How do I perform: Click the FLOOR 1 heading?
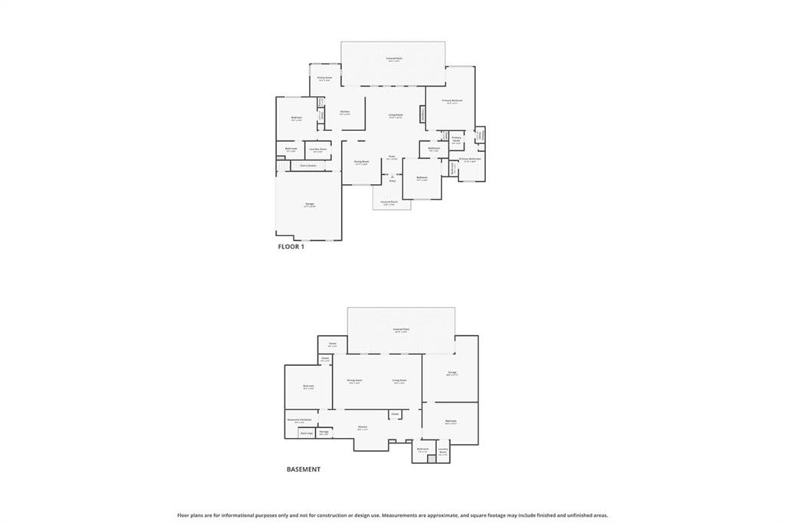(291, 247)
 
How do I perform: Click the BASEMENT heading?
(304, 469)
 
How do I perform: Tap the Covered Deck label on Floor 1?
(393, 59)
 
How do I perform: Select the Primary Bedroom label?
(452, 101)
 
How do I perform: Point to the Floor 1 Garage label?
(309, 205)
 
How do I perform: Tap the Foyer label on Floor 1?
(392, 157)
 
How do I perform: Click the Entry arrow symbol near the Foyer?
(392, 177)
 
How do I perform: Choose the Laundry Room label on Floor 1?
(318, 150)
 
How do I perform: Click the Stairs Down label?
(308, 165)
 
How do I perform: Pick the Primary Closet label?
(456, 140)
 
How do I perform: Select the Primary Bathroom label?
(469, 160)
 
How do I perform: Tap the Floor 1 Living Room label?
(395, 116)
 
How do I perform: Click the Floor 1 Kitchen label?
(345, 113)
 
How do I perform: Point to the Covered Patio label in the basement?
(400, 331)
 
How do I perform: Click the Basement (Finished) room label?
(299, 420)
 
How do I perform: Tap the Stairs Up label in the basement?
(306, 433)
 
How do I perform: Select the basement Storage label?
(324, 432)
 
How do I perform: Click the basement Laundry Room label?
(443, 451)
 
